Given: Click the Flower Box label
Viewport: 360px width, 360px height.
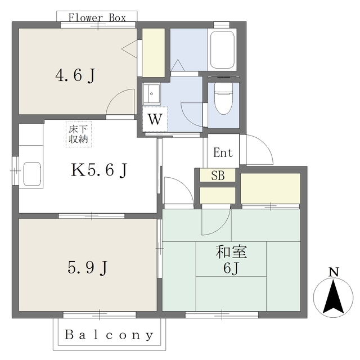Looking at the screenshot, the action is tap(97, 18).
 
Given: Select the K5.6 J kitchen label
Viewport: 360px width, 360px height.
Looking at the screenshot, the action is tap(99, 170).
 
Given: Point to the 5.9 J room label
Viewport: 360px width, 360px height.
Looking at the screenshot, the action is tap(88, 268).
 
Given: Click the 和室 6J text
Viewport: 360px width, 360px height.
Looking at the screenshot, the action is tap(231, 259).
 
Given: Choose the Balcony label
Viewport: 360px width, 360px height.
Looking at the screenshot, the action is tap(109, 335).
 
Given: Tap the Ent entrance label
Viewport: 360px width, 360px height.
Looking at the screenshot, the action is tap(223, 152).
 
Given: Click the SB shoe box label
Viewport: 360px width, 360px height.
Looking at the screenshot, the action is tap(218, 175).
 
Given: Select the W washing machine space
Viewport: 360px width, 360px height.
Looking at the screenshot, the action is tap(155, 119).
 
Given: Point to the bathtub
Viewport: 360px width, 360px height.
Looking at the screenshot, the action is tap(223, 49).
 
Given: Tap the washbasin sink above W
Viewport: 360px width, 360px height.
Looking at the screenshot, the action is tap(151, 94).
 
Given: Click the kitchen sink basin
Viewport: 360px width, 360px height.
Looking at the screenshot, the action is tap(32, 174).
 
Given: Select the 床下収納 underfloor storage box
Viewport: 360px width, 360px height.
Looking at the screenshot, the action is tap(79, 134).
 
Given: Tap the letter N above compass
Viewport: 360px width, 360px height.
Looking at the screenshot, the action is tap(334, 272).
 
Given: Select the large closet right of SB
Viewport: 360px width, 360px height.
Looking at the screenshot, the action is tap(271, 188).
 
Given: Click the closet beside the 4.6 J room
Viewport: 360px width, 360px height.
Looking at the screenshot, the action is tap(154, 52).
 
